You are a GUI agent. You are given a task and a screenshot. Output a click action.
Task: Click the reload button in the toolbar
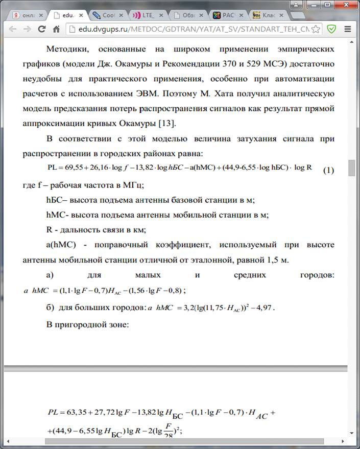(x=42, y=29)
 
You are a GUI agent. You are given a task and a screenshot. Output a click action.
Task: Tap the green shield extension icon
(x=331, y=29)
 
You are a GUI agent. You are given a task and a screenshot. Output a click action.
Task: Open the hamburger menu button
(x=348, y=29)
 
